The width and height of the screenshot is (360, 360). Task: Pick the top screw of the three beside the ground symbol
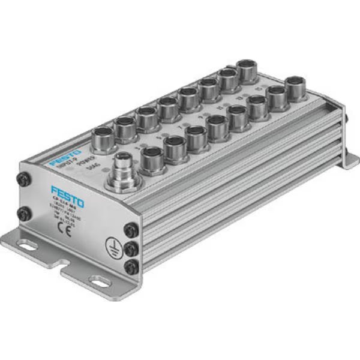coord(130,229)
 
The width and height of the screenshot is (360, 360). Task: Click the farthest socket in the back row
coord(247,70)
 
